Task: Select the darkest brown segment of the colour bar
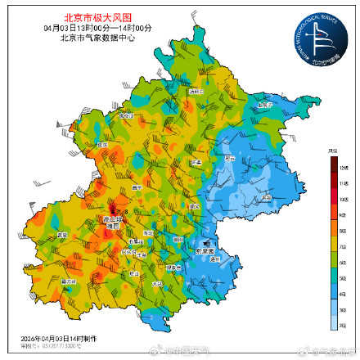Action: [335, 164]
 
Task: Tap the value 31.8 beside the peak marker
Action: [120, 213]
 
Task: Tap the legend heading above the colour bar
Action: [334, 151]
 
